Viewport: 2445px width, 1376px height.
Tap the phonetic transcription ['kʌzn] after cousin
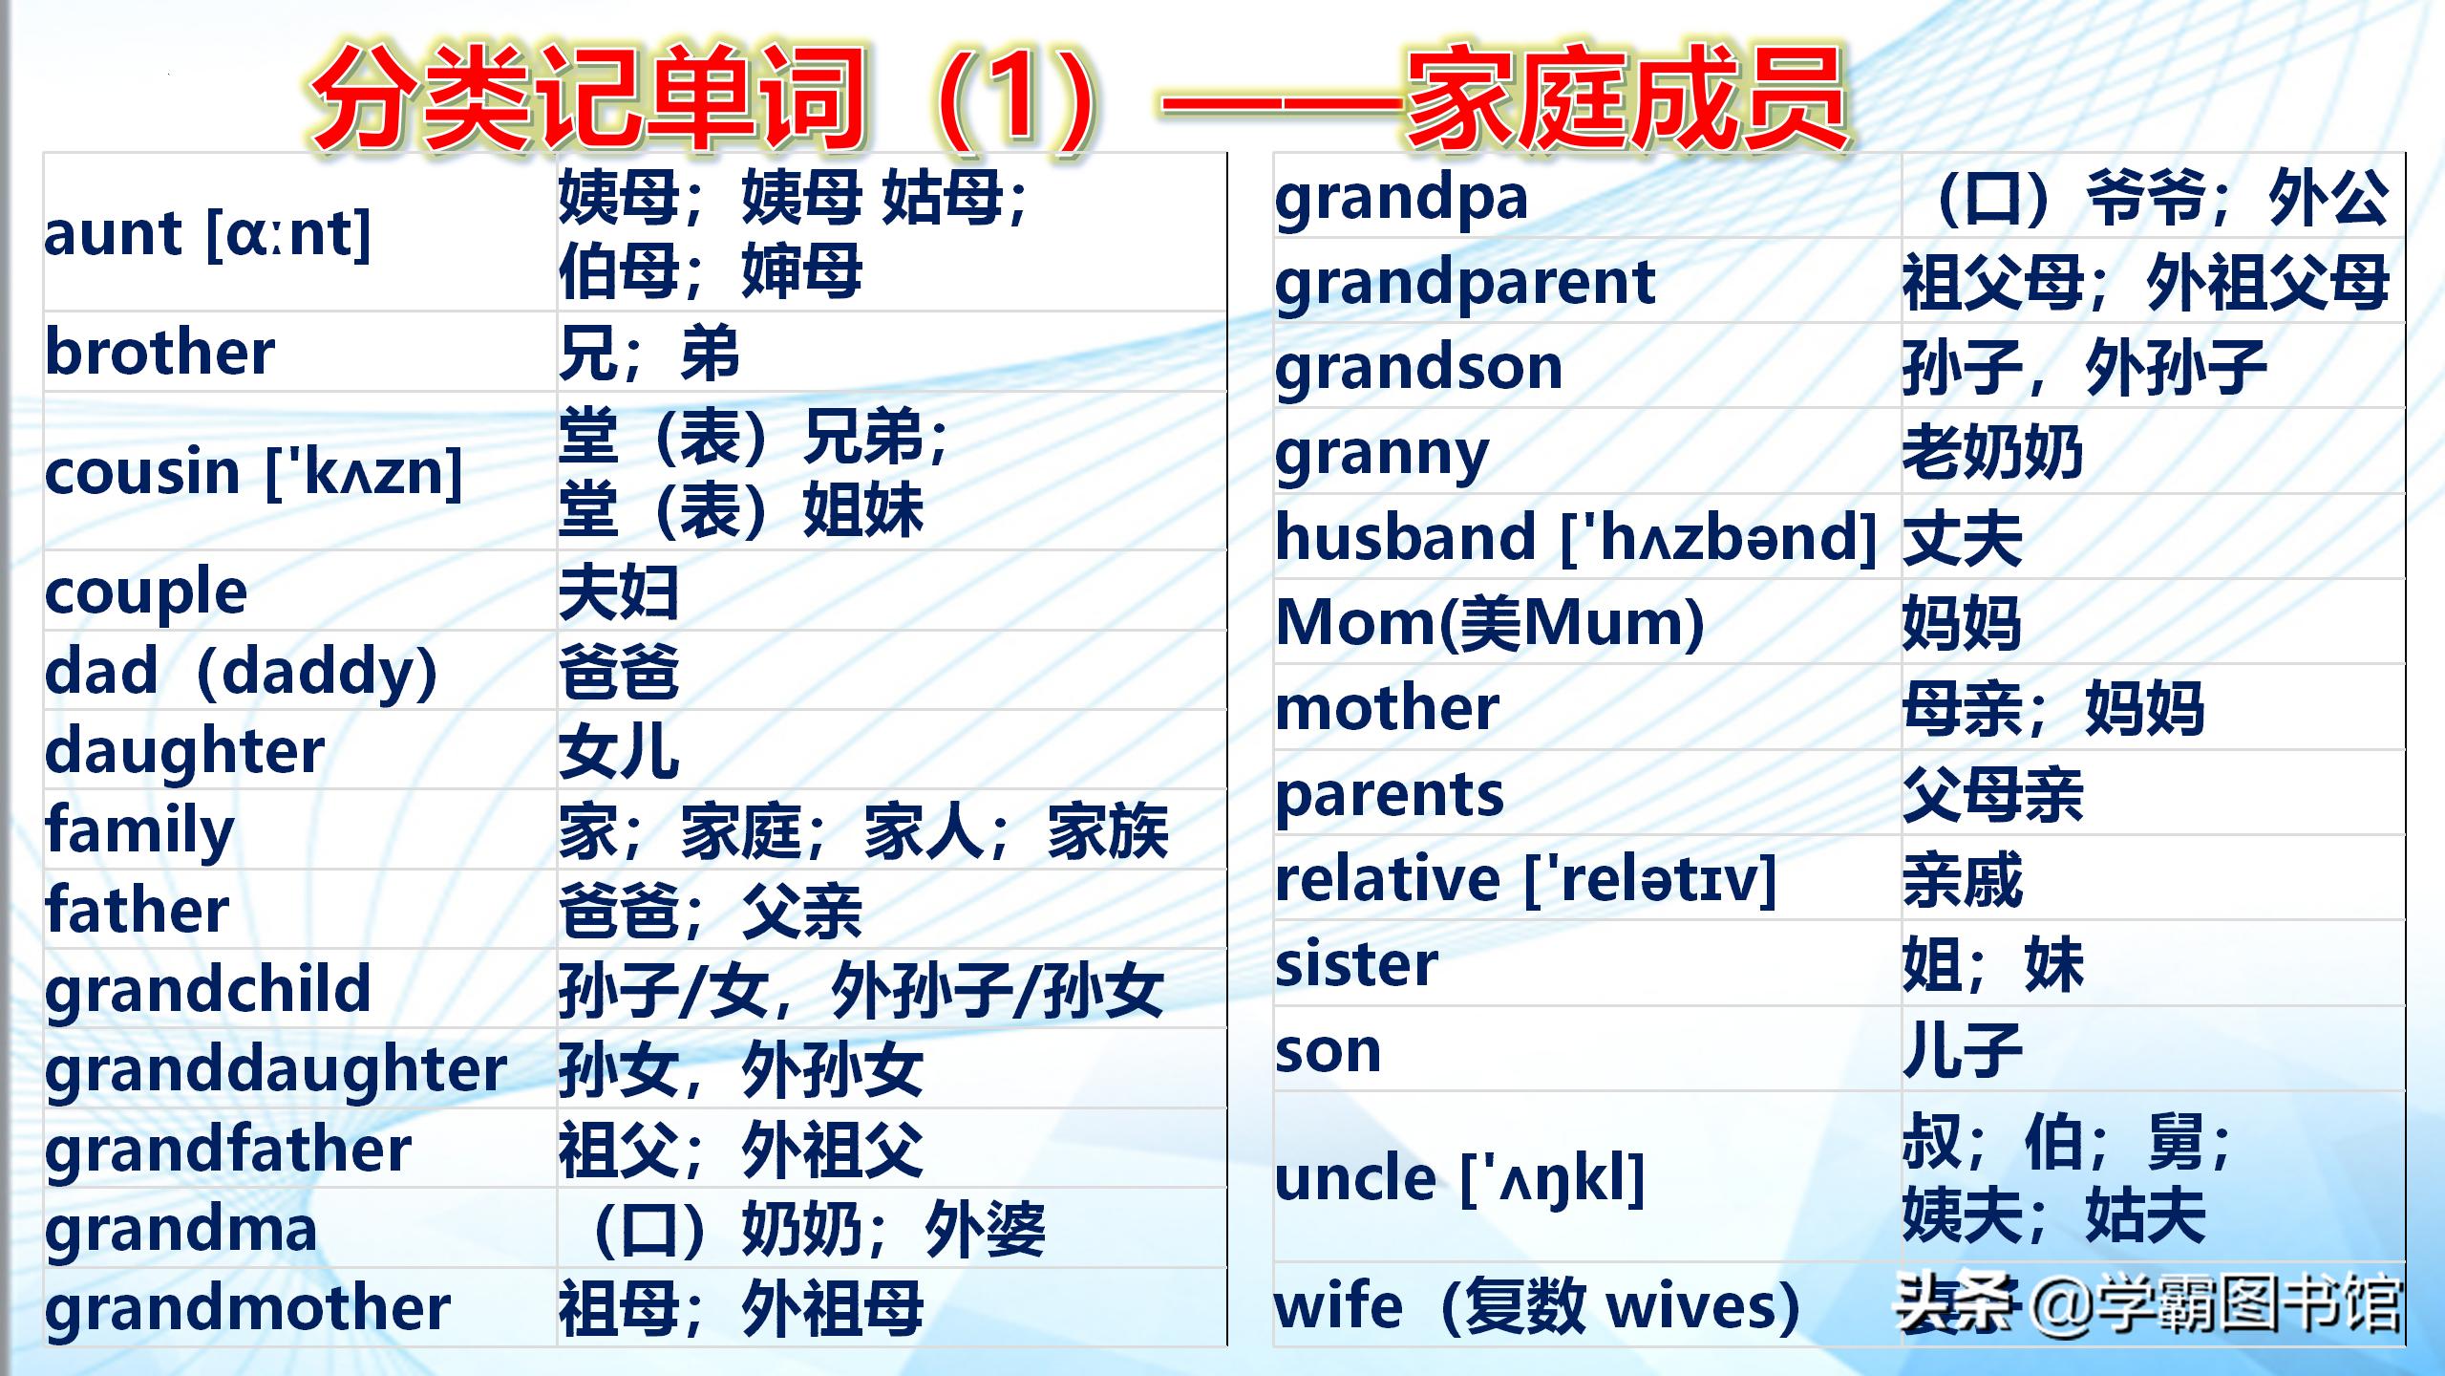[364, 472]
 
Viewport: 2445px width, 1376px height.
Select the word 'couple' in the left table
[146, 593]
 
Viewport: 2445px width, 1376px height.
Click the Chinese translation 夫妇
[619, 592]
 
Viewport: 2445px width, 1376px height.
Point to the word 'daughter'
[185, 752]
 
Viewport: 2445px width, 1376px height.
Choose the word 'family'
[139, 831]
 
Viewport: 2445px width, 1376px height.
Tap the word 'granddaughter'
[276, 1070]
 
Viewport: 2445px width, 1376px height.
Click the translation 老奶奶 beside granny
[1992, 452]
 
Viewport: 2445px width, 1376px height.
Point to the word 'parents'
[1390, 796]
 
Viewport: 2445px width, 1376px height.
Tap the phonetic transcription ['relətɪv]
[1650, 879]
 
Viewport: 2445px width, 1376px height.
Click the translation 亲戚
[1963, 879]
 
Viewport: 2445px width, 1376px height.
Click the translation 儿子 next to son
[1963, 1050]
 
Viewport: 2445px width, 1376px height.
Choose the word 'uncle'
[1355, 1178]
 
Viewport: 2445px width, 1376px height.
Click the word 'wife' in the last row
[1340, 1305]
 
